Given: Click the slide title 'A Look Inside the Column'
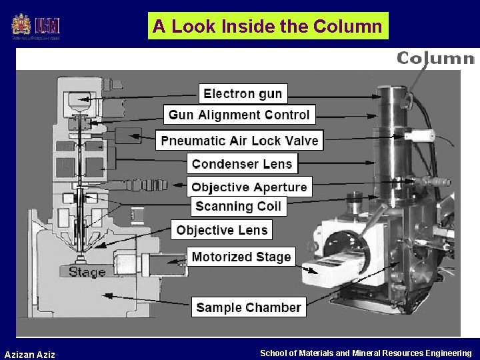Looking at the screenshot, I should point(267,26).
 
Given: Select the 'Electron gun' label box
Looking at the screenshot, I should point(243,93).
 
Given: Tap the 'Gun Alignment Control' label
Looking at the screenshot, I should point(239,115).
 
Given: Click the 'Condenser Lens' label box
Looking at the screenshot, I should point(242,164).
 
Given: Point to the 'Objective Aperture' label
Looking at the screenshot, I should point(249,187).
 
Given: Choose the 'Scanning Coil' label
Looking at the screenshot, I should point(238,207).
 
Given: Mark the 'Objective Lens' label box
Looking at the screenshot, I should point(222,231).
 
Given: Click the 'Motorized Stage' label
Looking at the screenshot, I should point(241,257).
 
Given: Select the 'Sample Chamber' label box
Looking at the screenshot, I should point(249,308).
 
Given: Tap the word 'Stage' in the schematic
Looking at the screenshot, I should point(87,271).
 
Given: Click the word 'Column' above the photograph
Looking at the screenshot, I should point(435,58).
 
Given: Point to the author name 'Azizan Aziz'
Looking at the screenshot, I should point(30,354).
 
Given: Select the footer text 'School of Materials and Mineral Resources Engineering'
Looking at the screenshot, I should point(365,353).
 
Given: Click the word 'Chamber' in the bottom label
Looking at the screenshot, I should point(273,308).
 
